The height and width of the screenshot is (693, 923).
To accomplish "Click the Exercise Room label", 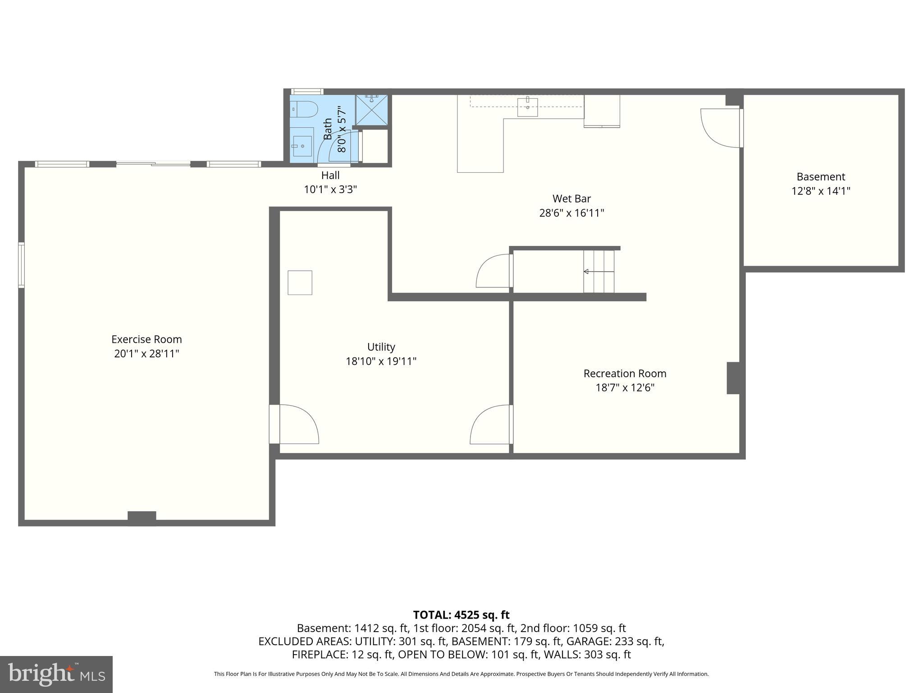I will [146, 339].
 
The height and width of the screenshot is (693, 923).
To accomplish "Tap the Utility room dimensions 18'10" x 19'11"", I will [381, 361].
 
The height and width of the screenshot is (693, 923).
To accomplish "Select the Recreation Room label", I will [625, 374].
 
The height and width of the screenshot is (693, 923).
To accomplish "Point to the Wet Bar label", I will [571, 199].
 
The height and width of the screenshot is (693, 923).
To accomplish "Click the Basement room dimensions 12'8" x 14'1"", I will [820, 191].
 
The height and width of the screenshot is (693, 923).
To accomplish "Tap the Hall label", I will [330, 175].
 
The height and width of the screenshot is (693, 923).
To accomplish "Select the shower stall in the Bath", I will [371, 110].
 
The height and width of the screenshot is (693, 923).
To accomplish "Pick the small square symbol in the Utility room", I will [300, 283].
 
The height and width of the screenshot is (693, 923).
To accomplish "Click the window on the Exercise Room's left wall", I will [21, 265].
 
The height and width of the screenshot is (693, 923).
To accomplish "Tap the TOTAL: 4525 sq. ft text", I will [461, 615].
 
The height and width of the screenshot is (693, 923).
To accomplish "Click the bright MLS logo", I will [56, 674].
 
